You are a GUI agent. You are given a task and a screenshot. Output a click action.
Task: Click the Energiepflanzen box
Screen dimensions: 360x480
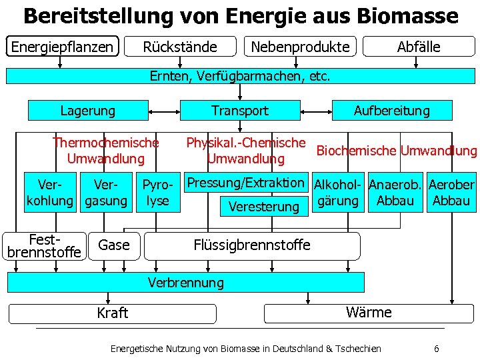(62, 46)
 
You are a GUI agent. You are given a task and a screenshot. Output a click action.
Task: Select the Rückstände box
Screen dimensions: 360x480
(180, 47)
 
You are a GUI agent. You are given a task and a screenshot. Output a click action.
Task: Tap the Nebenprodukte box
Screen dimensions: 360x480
(300, 47)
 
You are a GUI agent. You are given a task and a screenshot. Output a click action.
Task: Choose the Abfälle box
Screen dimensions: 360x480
(419, 47)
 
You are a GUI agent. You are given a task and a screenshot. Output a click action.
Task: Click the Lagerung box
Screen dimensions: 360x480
(87, 110)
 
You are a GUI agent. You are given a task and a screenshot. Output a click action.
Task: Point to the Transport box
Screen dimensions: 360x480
(240, 110)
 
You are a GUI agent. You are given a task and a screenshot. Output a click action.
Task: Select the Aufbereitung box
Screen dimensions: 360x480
(392, 110)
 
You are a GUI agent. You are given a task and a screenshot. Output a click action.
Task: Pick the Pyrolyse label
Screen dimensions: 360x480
(158, 192)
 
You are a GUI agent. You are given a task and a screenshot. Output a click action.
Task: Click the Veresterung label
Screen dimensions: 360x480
(264, 207)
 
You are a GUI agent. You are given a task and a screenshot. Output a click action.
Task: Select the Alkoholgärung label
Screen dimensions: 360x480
(339, 192)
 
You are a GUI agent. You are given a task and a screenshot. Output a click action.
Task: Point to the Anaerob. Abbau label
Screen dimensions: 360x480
(395, 192)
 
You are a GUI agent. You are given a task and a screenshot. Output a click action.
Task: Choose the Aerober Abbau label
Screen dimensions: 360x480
(451, 192)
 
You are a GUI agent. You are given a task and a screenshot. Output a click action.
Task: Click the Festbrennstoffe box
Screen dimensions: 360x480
(44, 245)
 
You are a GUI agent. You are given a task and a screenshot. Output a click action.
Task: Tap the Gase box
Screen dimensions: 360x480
(114, 245)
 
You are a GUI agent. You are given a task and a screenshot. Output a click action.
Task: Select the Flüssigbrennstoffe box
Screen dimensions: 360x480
(252, 245)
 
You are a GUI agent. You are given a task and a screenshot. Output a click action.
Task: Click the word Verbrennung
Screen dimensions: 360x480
(186, 283)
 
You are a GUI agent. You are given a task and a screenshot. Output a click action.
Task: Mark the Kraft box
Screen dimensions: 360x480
(112, 313)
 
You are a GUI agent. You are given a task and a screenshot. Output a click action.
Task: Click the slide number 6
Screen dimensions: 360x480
(436, 349)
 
